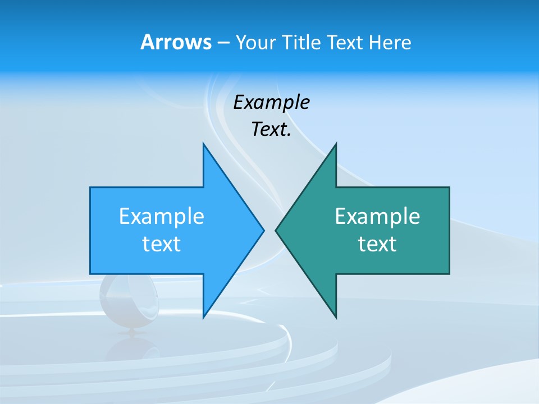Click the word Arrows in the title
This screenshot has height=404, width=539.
176,42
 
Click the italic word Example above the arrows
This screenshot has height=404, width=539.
271,103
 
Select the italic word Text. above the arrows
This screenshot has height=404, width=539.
271,130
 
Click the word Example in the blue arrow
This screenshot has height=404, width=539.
162,216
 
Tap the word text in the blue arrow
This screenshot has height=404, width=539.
162,244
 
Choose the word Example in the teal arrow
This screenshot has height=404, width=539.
377,216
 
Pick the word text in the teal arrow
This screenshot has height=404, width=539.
377,244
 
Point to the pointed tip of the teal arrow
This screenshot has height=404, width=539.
276,229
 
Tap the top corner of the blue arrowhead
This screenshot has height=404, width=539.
204,144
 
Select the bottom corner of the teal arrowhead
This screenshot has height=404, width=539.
336,317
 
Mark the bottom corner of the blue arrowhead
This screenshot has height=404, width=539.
204,317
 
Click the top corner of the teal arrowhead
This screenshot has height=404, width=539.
336,144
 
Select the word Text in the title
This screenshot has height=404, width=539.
345,42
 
